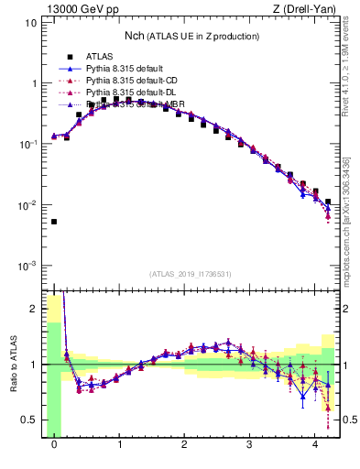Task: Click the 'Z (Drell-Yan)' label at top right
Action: (x=302, y=10)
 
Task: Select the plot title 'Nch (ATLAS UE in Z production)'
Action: (x=191, y=36)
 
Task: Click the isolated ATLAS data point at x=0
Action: (x=54, y=222)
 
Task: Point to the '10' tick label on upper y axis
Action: (x=31, y=22)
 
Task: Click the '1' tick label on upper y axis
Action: (x=34, y=83)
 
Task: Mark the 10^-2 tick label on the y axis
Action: (x=29, y=205)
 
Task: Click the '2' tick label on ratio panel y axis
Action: (x=35, y=309)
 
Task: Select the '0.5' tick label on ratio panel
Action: (x=30, y=420)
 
